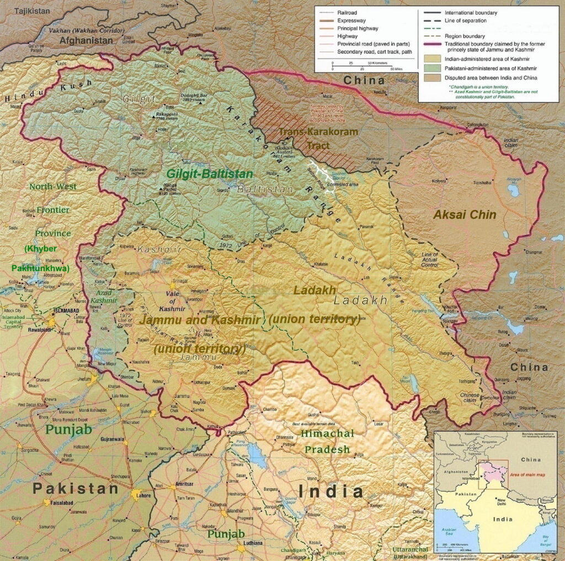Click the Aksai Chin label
[x=465, y=215]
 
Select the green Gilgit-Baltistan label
[x=210, y=173]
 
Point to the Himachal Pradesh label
[x=327, y=441]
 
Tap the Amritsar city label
[x=184, y=484]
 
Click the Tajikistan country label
[x=31, y=10]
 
